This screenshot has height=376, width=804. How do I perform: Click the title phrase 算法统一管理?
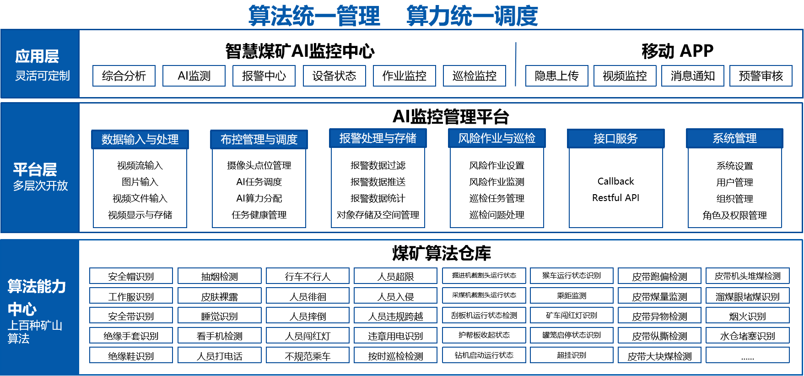pyautogui.click(x=314, y=16)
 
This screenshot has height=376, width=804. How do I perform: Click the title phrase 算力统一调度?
pyautogui.click(x=472, y=16)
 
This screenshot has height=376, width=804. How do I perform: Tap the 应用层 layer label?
pyautogui.click(x=37, y=56)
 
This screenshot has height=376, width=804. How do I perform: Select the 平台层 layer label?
pyautogui.click(x=35, y=169)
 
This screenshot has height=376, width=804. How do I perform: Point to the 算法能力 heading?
pyautogui.click(x=37, y=286)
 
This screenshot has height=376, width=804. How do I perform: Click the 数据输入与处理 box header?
pyautogui.click(x=140, y=139)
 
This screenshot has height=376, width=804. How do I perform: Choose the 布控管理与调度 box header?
pyautogui.click(x=259, y=139)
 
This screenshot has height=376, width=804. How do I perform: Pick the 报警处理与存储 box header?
pyautogui.click(x=378, y=138)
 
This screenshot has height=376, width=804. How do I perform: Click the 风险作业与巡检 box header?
pyautogui.click(x=497, y=138)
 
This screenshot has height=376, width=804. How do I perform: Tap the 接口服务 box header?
pyautogui.click(x=615, y=138)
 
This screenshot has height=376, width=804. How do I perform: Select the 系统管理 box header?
pyautogui.click(x=734, y=138)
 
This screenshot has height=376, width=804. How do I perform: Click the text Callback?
pyautogui.click(x=615, y=181)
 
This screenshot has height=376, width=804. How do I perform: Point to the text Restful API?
pyautogui.click(x=615, y=198)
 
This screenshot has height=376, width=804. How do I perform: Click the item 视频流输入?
pyautogui.click(x=140, y=165)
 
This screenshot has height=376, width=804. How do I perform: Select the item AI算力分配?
pyautogui.click(x=259, y=198)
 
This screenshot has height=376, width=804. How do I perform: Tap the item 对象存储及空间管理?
pyautogui.click(x=378, y=215)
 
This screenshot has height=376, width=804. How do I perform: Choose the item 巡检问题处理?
pyautogui.click(x=497, y=215)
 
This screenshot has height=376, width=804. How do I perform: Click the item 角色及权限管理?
pyautogui.click(x=734, y=215)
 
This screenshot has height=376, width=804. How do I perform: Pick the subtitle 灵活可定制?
pyautogui.click(x=43, y=76)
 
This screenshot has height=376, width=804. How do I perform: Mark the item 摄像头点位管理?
pyautogui.click(x=259, y=165)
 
